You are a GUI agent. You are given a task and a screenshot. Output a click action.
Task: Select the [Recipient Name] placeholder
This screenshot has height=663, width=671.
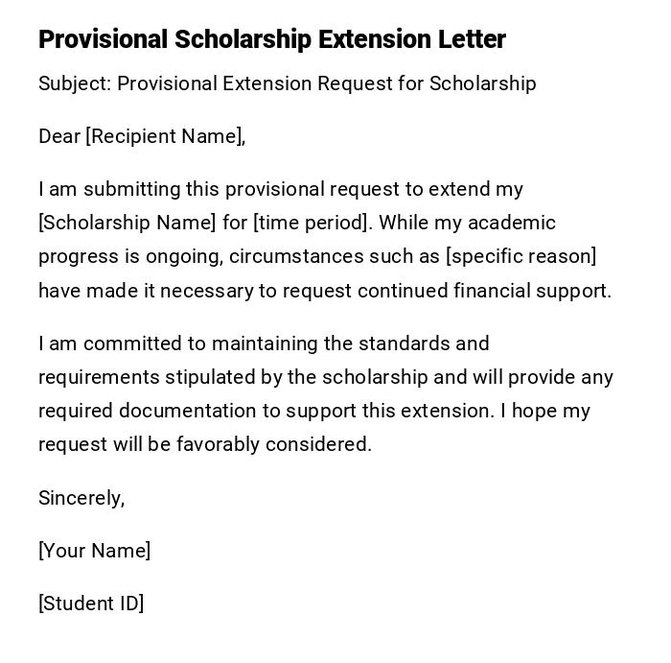pos(163,136)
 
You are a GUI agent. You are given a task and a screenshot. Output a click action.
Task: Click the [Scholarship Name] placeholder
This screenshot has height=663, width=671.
pos(127,223)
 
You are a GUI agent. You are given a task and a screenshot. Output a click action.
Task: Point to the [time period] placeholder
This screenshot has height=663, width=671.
pos(312,223)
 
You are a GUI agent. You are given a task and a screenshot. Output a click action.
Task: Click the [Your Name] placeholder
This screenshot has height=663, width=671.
pos(94,551)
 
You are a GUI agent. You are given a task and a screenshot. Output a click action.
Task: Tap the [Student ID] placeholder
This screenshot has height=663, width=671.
pos(91,604)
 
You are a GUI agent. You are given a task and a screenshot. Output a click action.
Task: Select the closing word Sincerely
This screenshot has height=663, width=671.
pos(80,498)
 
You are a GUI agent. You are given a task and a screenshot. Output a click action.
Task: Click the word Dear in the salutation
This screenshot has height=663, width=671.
pos(59,136)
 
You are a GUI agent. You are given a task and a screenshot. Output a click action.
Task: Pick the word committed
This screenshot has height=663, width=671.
pos(136,343)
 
